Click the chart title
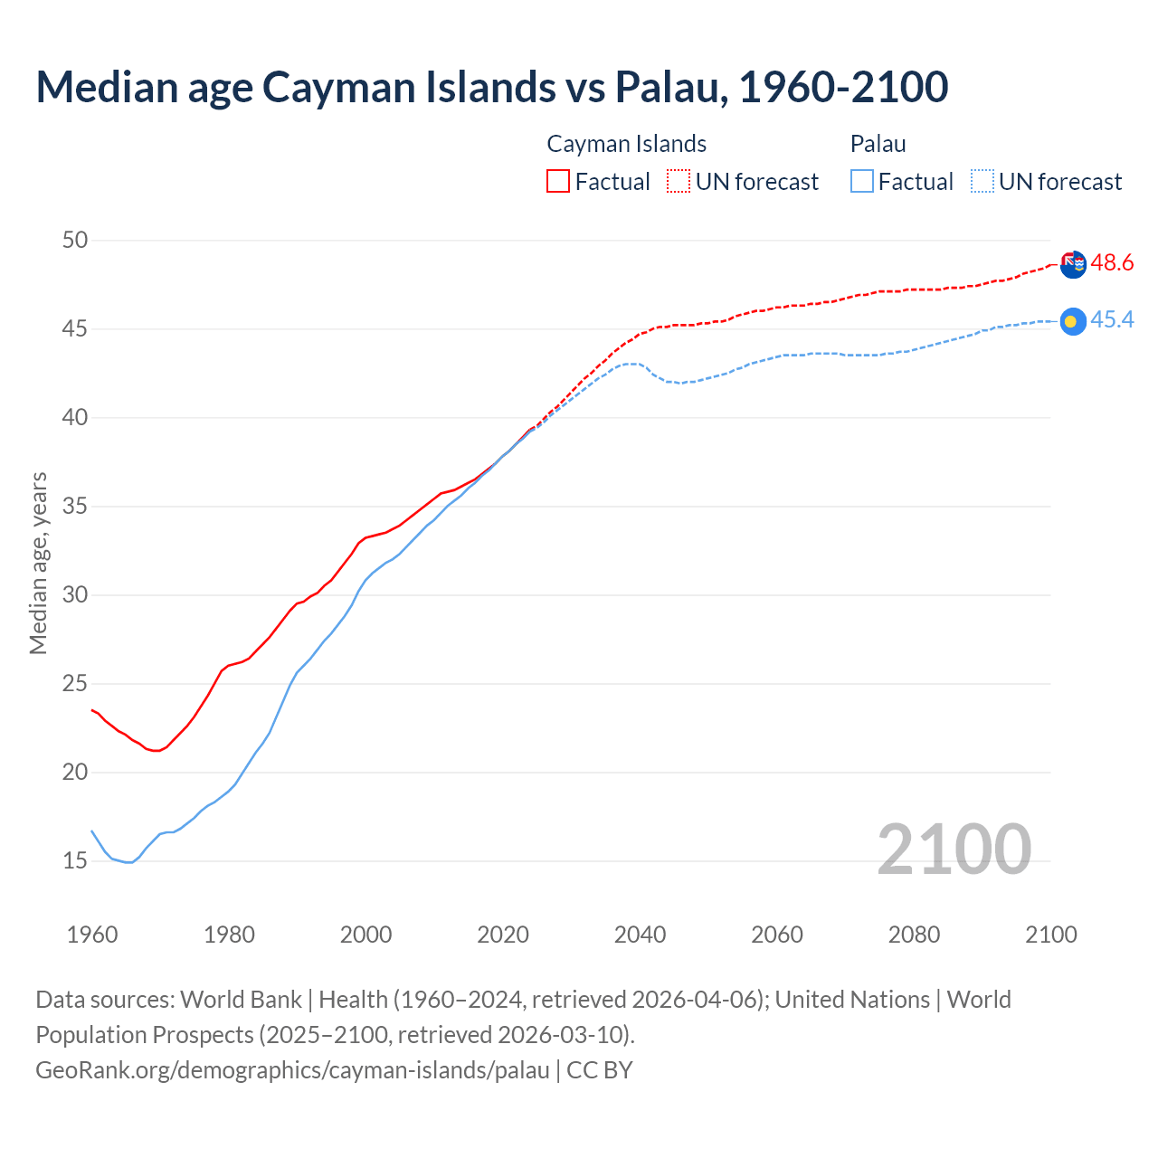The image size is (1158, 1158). click(x=492, y=87)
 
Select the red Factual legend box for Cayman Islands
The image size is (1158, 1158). click(x=558, y=181)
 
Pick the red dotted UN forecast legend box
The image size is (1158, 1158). click(x=679, y=181)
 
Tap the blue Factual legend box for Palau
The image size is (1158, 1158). click(x=862, y=181)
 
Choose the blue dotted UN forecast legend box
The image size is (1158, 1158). click(x=982, y=181)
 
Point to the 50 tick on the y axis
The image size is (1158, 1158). click(x=75, y=240)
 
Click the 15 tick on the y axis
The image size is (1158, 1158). click(x=75, y=860)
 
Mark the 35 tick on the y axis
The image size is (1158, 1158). click(x=75, y=506)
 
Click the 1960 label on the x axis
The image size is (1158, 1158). click(x=92, y=935)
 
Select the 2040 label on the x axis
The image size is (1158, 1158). click(x=640, y=935)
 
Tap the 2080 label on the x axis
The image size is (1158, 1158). click(x=914, y=935)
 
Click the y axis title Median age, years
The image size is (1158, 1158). click(x=38, y=563)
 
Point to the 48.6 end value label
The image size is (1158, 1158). click(x=1112, y=263)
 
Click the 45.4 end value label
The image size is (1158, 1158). click(x=1112, y=320)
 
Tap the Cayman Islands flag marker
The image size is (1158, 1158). click(x=1073, y=265)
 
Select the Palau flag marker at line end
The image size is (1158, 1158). click(x=1073, y=321)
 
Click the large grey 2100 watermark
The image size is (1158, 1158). click(x=954, y=849)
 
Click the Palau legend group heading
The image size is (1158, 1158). click(x=878, y=144)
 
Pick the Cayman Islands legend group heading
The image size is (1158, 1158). click(x=626, y=144)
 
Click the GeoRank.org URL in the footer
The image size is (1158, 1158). click(x=292, y=1070)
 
